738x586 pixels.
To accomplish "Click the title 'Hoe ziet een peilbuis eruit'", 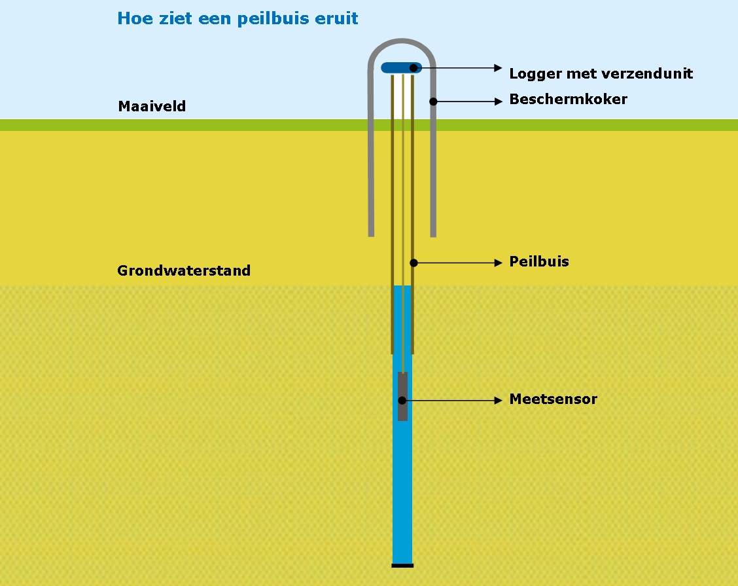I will click(x=237, y=18).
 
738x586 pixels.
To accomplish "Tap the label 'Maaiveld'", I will click(x=152, y=106).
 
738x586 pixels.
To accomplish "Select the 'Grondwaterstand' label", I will click(x=184, y=270).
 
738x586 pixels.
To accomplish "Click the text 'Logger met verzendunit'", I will click(x=601, y=73).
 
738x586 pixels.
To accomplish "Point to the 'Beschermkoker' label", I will click(x=568, y=100).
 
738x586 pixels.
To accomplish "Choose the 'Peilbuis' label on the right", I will click(x=539, y=262).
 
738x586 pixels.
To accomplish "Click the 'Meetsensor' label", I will click(x=553, y=399).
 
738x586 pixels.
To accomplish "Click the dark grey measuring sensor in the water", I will click(x=402, y=397).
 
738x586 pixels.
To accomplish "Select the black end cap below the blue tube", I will click(x=402, y=565).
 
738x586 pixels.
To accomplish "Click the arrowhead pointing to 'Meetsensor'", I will click(x=498, y=400).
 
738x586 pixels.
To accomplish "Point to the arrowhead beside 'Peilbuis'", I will click(x=498, y=263).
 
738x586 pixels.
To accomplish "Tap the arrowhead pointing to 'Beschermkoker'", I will click(x=498, y=101).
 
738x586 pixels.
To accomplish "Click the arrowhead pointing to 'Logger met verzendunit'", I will click(x=498, y=67).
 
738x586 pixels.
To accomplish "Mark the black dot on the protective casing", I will click(x=432, y=101).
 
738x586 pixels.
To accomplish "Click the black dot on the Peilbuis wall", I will click(x=413, y=263).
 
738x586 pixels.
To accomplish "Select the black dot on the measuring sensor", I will click(x=403, y=400).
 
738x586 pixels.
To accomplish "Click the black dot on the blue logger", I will click(x=414, y=67).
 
